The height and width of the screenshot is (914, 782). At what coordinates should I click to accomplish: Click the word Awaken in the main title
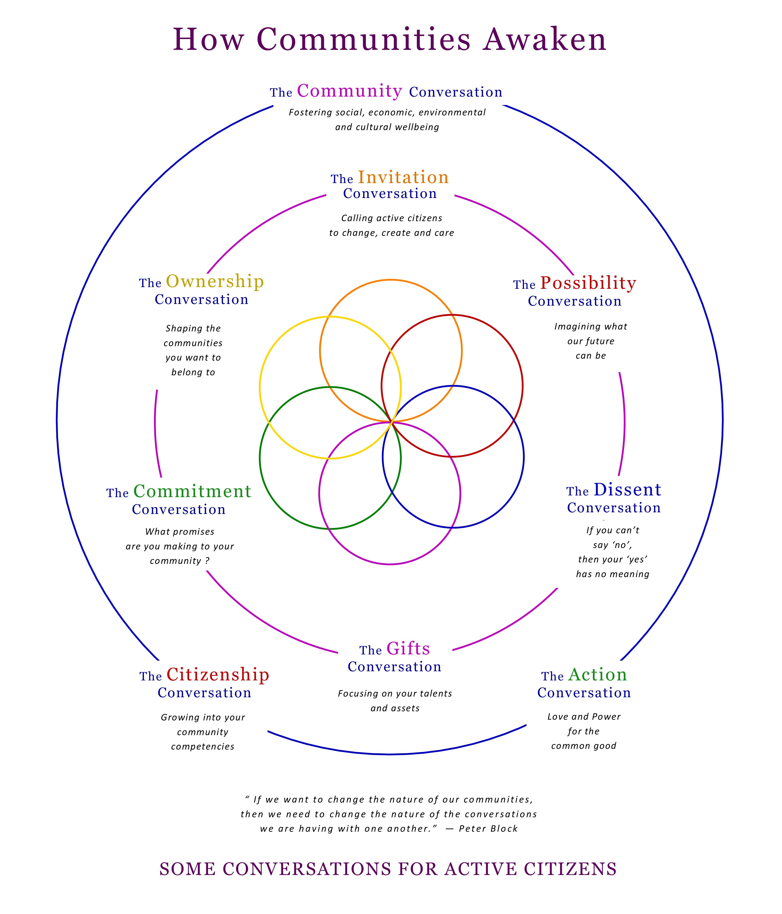coord(545,40)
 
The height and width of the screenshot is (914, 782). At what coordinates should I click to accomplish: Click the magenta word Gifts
coord(408,648)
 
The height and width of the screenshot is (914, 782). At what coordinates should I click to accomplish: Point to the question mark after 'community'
coord(207,561)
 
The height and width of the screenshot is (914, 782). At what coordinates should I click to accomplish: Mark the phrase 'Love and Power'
coord(584,717)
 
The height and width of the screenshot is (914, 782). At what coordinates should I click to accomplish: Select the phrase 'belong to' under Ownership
coord(193,372)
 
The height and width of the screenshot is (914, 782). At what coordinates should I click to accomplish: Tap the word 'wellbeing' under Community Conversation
coord(417,127)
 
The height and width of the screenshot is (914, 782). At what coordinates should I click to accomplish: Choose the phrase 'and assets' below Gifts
coord(395,708)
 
